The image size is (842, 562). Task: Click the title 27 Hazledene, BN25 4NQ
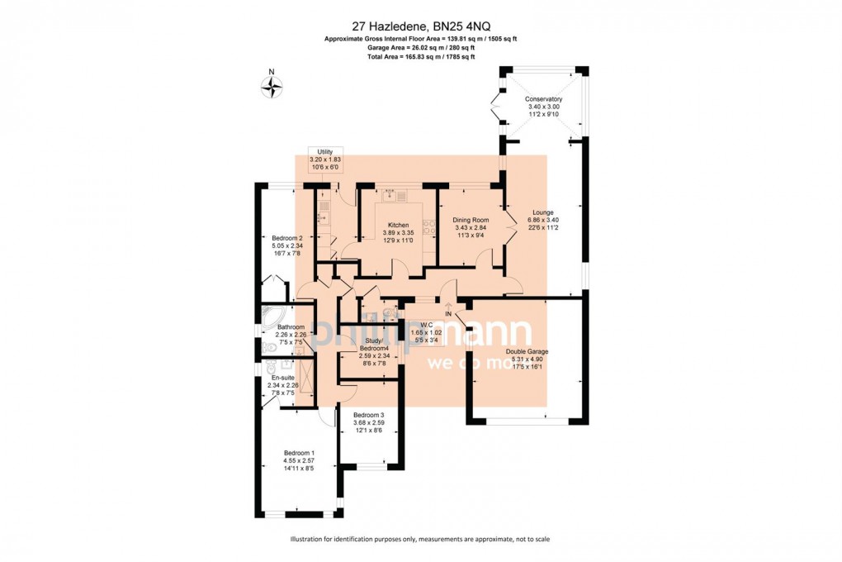420,26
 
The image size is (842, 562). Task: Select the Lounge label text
543,212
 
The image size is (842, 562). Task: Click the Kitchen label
399,225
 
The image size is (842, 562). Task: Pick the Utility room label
324,151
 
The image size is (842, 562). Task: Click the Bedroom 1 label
299,453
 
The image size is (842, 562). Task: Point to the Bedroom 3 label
369,414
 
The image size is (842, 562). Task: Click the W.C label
426,324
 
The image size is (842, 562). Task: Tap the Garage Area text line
420,48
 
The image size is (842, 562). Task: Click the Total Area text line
420,57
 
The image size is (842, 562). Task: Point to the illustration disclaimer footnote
420,539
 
